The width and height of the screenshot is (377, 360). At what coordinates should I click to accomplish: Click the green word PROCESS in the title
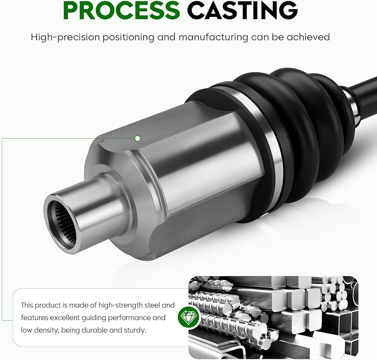pyautogui.click(x=122, y=10)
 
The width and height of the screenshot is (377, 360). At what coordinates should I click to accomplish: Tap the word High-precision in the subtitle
pyautogui.click(x=65, y=37)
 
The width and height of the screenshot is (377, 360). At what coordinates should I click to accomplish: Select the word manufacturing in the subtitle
pyautogui.click(x=213, y=37)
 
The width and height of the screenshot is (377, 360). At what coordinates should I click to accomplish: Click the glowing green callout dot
pyautogui.click(x=138, y=138)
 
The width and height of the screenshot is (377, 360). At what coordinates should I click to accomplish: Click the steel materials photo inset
pyautogui.click(x=273, y=317)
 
